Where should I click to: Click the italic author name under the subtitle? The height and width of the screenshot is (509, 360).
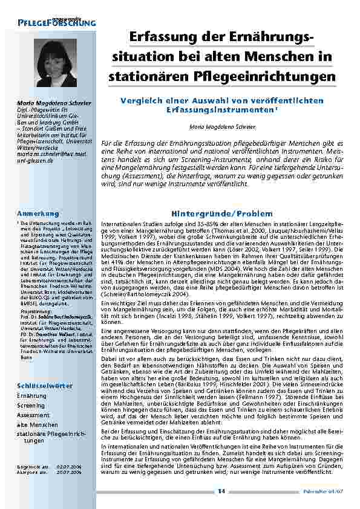(x=223, y=128)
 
